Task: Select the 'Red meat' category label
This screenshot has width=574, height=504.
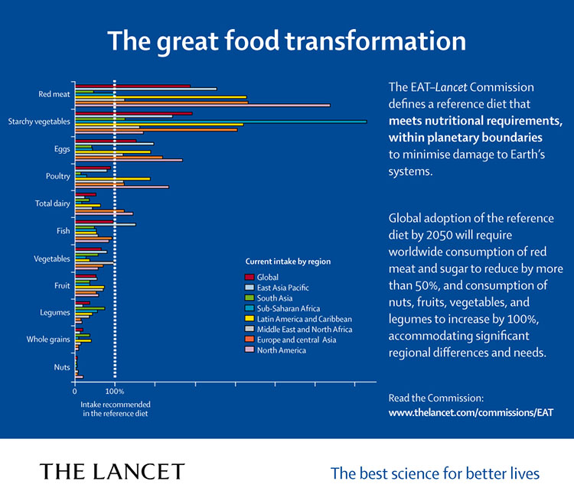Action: (x=54, y=95)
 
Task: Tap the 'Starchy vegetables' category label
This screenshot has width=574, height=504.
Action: (x=39, y=122)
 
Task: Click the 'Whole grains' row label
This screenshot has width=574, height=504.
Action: (x=48, y=339)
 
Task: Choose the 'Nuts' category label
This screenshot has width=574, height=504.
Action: (x=62, y=367)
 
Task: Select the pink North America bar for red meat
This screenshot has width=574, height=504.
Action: (x=202, y=106)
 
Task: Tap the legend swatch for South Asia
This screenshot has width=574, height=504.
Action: (x=249, y=298)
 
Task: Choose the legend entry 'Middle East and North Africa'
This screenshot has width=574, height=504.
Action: (x=305, y=330)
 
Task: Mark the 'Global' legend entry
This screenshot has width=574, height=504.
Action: (x=268, y=277)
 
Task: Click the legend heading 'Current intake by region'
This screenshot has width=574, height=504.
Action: (x=288, y=261)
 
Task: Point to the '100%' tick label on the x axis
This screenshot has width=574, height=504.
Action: (x=114, y=391)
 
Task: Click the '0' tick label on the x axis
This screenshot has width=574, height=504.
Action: (x=74, y=391)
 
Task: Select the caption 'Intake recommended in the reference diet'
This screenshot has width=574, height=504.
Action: (x=115, y=408)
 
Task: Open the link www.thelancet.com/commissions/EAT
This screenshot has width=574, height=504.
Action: (x=471, y=411)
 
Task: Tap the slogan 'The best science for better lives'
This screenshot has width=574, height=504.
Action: (x=435, y=473)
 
